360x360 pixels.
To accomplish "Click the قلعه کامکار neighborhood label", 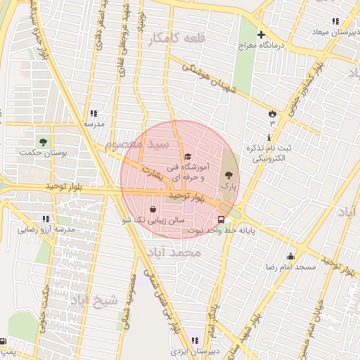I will [176, 38].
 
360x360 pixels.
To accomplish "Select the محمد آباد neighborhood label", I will [180, 252].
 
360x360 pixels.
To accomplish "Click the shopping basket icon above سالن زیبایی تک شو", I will [153, 208].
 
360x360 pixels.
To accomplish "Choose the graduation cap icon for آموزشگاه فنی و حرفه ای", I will [186, 157].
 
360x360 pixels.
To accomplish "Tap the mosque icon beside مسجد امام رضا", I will [290, 256].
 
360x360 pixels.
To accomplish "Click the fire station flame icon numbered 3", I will [272, 112].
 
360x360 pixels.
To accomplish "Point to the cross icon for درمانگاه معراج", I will [261, 34].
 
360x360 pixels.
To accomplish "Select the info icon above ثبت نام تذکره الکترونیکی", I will [269, 137].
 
